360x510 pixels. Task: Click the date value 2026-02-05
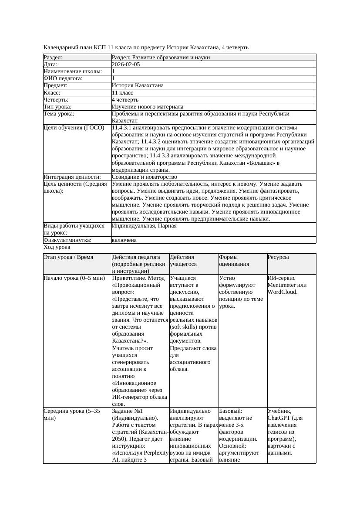[126, 65]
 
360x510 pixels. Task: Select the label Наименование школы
[73, 71]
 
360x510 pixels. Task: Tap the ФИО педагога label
[63, 78]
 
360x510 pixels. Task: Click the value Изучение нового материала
[148, 107]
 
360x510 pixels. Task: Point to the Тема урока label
[59, 114]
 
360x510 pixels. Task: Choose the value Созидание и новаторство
[145, 177]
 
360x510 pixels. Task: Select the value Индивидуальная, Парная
[144, 226]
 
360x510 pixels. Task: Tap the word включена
[124, 240]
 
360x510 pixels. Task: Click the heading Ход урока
[57, 247]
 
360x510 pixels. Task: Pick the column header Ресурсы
[278, 257]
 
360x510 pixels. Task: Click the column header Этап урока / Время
[68, 257]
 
